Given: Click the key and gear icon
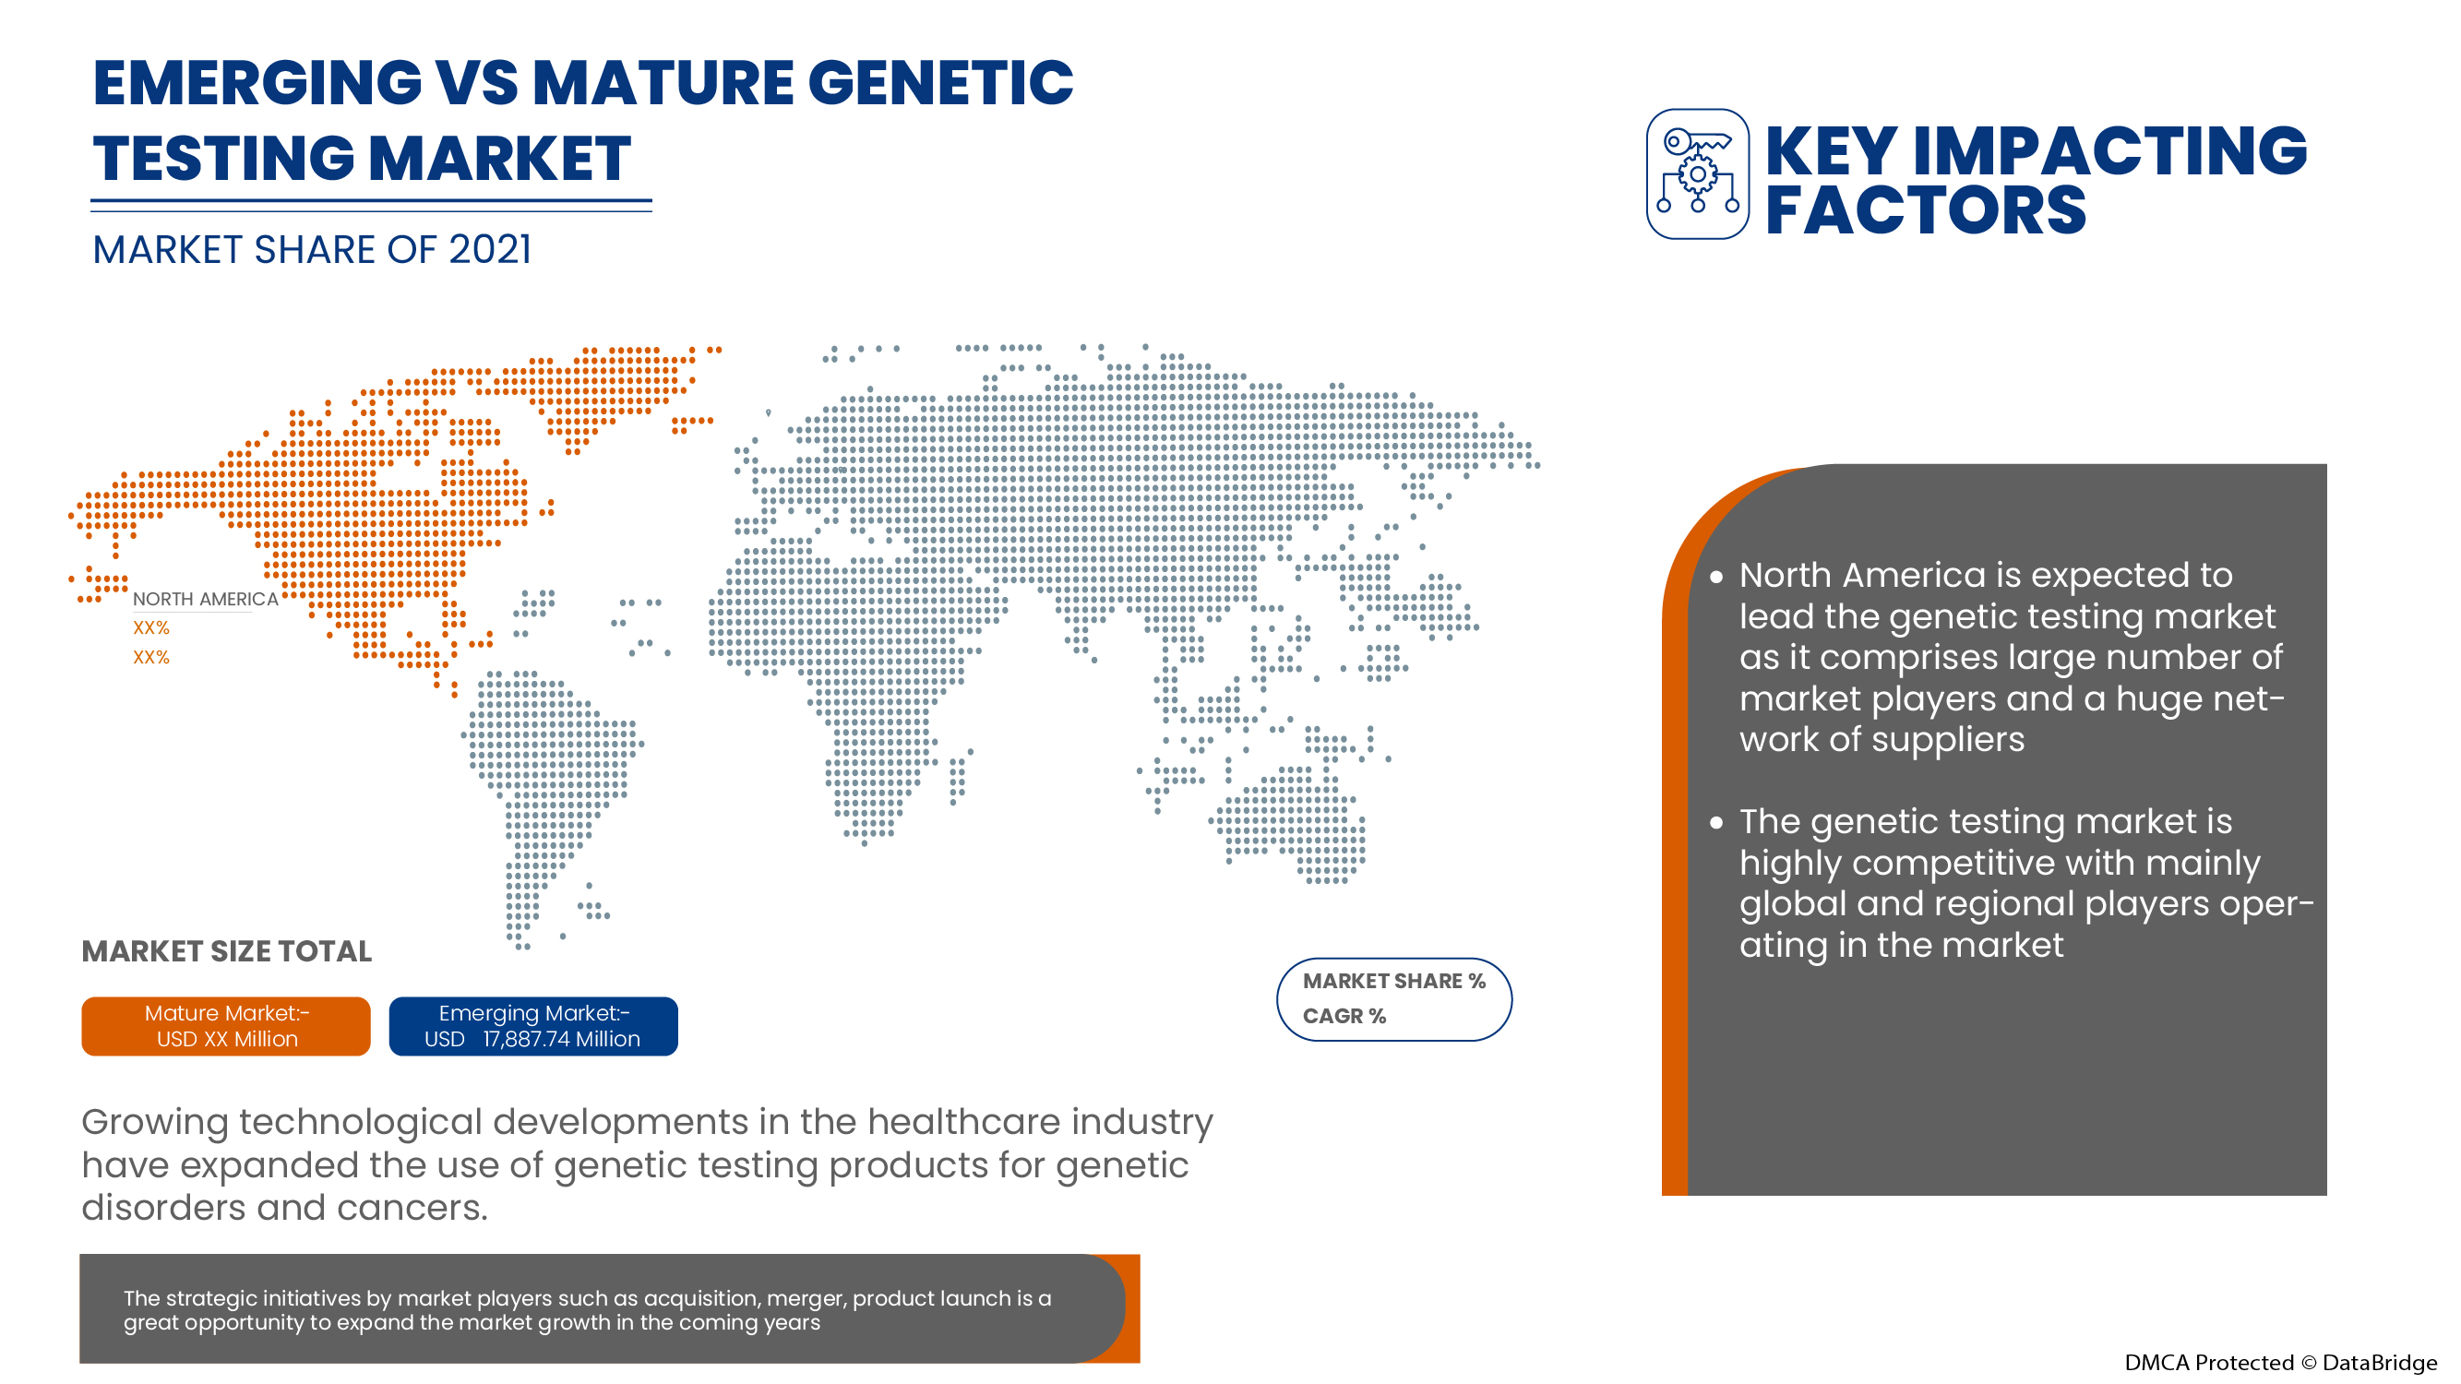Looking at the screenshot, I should [x=1697, y=173].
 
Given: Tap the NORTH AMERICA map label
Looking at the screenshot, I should [x=206, y=599].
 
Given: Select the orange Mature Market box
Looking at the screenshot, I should [x=225, y=1026].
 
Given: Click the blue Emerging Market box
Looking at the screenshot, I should [x=533, y=1026].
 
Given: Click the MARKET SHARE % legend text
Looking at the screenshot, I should [x=1393, y=981].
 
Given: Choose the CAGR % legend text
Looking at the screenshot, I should [x=1344, y=1016].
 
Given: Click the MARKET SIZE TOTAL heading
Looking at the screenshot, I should [x=226, y=951].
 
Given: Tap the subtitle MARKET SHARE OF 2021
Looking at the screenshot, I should [x=312, y=250].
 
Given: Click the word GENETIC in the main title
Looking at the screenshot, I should [x=941, y=82].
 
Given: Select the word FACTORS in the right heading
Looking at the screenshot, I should [x=1925, y=210].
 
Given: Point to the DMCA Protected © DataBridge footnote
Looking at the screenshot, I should [x=2279, y=1363].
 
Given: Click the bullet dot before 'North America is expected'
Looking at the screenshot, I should [x=1716, y=577].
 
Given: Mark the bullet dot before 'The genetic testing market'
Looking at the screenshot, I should [x=1716, y=823].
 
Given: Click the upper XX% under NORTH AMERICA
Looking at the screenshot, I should [x=151, y=627].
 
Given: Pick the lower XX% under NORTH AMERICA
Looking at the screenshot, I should [x=151, y=657].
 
